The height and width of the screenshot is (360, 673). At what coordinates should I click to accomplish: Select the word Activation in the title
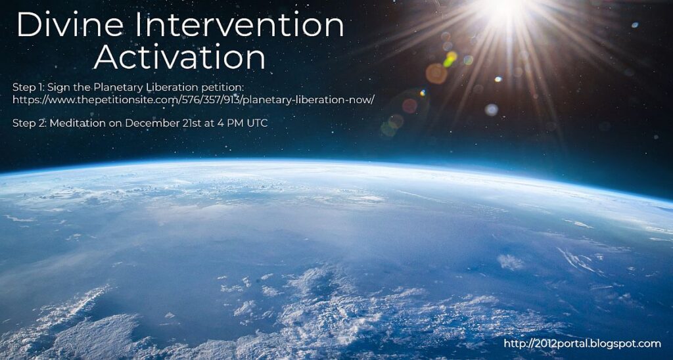pyautogui.click(x=179, y=58)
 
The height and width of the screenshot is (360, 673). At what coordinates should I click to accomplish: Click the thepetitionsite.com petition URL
pyautogui.click(x=194, y=100)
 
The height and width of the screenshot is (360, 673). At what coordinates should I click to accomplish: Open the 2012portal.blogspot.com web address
pyautogui.click(x=582, y=344)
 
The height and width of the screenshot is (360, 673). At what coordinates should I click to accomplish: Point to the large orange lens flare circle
pyautogui.click(x=436, y=74)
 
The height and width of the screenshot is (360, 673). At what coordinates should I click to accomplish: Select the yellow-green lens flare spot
pyautogui.click(x=450, y=59)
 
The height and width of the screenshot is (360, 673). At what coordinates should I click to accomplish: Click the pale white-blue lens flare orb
pyautogui.click(x=492, y=110)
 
